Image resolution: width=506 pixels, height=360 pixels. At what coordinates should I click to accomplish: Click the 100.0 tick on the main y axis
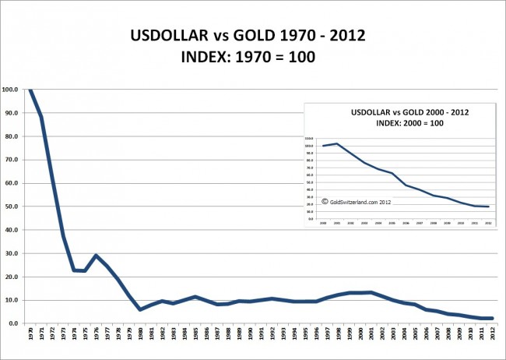12,90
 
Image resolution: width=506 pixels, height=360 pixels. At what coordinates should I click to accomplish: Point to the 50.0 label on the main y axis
12,206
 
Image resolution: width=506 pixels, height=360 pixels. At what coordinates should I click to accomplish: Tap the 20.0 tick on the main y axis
12,277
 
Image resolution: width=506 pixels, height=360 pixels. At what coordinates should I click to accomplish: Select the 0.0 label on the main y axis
13,323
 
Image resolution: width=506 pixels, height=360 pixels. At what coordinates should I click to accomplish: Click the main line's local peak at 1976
96,255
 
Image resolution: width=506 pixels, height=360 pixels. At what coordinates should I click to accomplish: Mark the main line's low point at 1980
141,309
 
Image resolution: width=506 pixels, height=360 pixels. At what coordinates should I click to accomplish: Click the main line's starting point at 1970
30,90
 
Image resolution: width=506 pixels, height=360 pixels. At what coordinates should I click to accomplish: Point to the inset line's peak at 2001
337,143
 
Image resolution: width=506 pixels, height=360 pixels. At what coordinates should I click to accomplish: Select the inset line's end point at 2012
487,206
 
